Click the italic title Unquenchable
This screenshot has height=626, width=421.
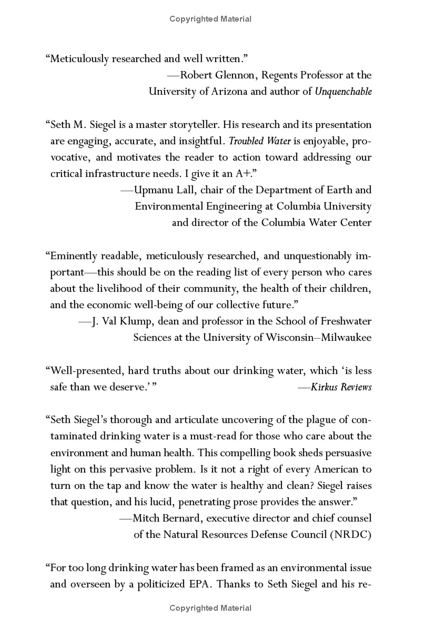343,91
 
